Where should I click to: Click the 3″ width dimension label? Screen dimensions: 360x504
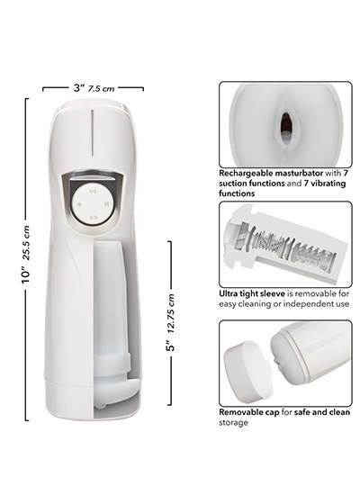pos(79,87)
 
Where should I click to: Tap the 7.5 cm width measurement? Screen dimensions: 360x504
pos(102,88)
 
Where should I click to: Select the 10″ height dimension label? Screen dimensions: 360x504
pos(26,276)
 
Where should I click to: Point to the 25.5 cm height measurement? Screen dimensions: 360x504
pos(26,242)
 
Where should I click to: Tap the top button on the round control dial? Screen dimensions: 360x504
pos(94,192)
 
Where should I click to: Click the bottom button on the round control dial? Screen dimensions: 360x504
pos(94,217)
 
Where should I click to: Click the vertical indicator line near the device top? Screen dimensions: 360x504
pos(92,133)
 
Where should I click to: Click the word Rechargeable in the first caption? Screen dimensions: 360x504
pos(243,173)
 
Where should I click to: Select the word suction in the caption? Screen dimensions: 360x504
pos(233,184)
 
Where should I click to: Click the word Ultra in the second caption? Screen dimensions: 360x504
pos(228,293)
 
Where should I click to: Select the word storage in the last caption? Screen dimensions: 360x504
pos(233,423)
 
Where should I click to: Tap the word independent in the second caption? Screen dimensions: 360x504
pos(305,304)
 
